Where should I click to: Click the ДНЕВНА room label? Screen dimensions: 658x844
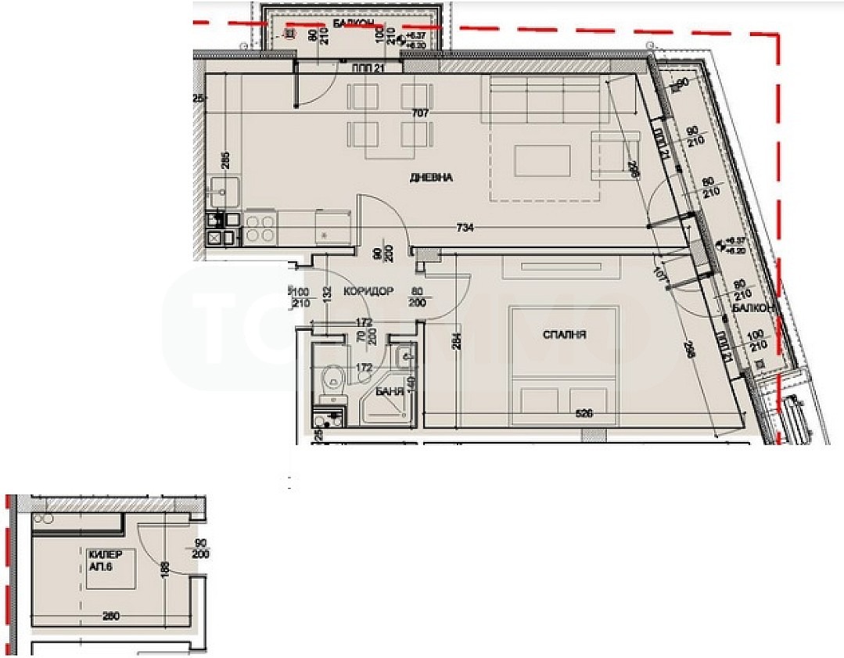431,178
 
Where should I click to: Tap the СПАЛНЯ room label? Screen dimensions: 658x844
565,335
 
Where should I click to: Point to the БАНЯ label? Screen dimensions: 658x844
389,391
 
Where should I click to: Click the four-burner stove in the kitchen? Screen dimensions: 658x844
260,228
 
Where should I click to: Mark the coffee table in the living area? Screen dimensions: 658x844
546,161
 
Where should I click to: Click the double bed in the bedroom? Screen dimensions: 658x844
564,360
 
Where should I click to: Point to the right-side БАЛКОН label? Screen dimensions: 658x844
752,309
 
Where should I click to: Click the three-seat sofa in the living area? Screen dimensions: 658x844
550,100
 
